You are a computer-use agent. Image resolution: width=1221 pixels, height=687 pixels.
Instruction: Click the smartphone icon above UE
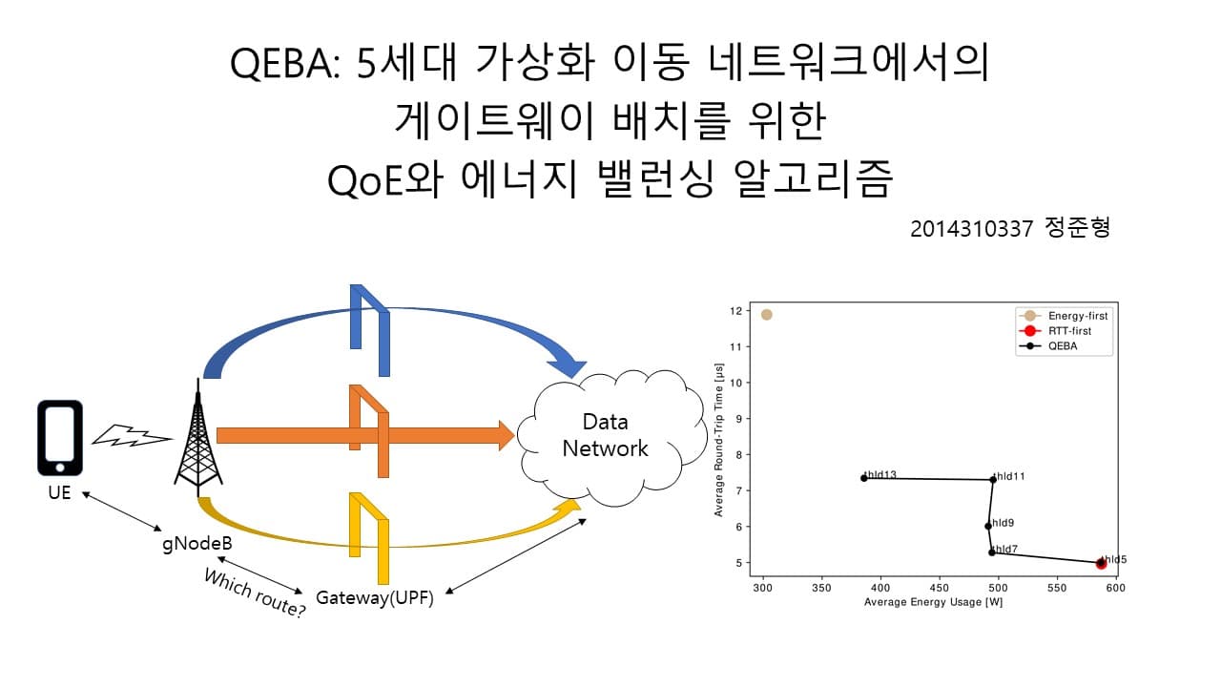60,437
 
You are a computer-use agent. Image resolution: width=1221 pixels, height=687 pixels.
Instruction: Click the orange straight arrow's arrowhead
504,435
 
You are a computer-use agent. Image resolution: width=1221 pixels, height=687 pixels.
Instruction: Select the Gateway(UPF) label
375,600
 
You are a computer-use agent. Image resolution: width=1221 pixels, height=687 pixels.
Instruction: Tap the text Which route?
255,593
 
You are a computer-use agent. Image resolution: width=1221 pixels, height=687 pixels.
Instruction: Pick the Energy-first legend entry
1064,315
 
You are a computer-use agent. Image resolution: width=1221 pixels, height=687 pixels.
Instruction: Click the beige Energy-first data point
766,314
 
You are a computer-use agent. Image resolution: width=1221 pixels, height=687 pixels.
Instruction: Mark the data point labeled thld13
863,477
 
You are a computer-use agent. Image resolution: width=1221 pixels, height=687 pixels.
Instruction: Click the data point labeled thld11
992,479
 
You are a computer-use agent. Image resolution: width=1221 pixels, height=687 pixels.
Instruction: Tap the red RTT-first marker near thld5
1101,564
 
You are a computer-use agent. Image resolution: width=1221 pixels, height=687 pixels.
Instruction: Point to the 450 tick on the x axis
941,588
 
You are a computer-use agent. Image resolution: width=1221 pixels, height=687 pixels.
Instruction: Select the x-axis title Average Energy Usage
933,602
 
